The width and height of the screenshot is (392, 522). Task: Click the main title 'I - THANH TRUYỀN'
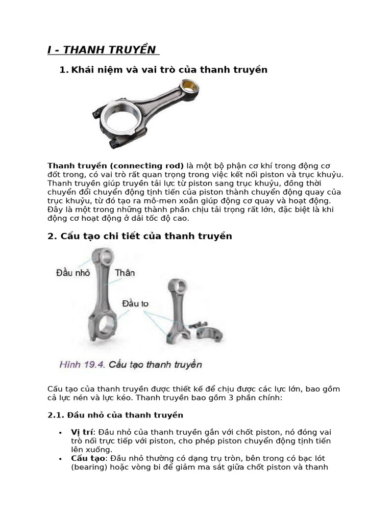[101, 49]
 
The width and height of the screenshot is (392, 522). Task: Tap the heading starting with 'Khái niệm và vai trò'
[169, 69]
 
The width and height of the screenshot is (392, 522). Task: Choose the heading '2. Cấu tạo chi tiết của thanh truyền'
[140, 236]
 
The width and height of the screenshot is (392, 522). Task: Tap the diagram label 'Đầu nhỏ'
[72, 273]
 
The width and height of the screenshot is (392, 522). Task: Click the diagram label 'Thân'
[125, 273]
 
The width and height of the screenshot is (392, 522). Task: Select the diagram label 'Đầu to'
[135, 304]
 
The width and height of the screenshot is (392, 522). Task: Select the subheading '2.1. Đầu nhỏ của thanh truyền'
[115, 415]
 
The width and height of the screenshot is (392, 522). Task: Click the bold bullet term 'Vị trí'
[81, 432]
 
